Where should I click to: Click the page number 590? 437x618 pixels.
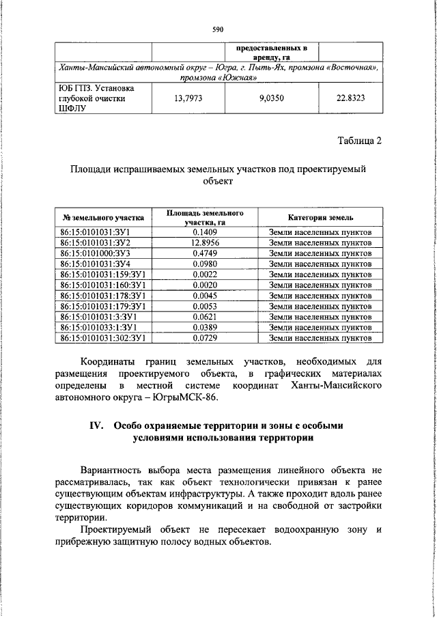pyautogui.click(x=218, y=29)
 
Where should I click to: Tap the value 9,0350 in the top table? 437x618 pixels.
pyautogui.click(x=272, y=98)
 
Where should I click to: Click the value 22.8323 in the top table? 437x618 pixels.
pyautogui.click(x=350, y=98)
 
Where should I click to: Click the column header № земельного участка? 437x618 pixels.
pyautogui.click(x=103, y=218)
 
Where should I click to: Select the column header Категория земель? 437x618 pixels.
pyautogui.click(x=320, y=218)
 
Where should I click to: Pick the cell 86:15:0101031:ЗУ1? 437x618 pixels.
pyautogui.click(x=96, y=232)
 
